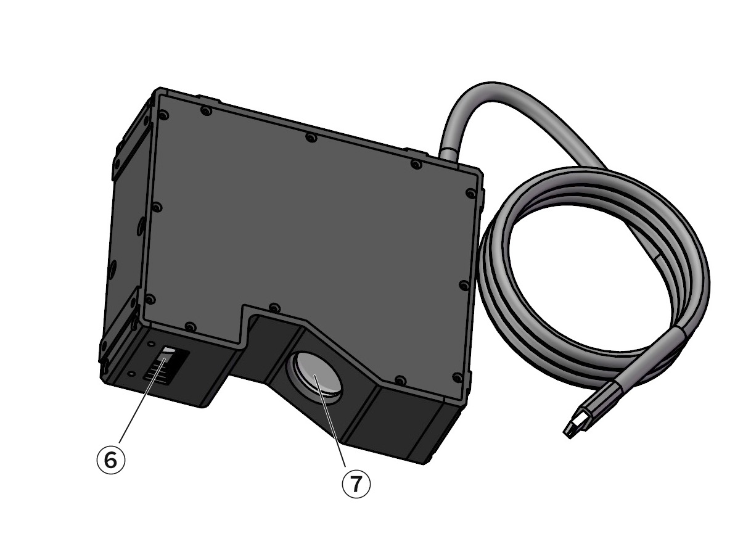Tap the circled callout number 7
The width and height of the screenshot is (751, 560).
356,484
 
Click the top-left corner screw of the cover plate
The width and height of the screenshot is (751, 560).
164,115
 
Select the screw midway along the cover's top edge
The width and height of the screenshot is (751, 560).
311,138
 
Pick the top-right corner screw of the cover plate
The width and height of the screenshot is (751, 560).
472,194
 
